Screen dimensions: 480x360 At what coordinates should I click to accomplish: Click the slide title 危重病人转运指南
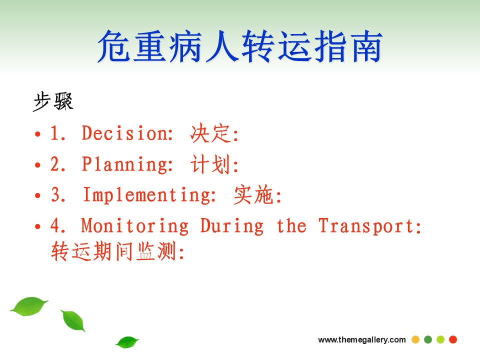click(240, 46)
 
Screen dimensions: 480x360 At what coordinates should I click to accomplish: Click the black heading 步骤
click(53, 101)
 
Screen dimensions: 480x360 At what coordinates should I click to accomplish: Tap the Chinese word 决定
click(210, 133)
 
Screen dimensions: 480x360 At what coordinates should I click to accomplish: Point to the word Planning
click(127, 164)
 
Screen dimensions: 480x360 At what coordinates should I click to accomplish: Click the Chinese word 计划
click(210, 164)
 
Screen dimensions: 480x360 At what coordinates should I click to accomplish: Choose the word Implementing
click(149, 195)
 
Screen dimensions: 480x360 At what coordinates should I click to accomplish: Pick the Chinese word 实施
click(253, 195)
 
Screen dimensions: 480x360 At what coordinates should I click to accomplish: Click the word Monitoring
click(135, 226)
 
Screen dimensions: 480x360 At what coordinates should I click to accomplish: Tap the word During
click(231, 226)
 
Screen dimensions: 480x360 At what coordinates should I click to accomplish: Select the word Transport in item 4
click(366, 226)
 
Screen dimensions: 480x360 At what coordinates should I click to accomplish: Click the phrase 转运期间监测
click(114, 251)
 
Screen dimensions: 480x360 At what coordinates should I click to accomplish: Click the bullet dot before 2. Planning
click(37, 165)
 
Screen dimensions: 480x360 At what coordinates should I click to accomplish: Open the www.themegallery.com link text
click(362, 340)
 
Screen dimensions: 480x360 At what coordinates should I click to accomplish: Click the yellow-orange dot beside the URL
click(415, 339)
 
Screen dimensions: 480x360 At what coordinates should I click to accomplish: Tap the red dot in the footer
click(453, 339)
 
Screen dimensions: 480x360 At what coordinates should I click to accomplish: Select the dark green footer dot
click(428, 339)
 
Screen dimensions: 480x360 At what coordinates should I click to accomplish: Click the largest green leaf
click(29, 306)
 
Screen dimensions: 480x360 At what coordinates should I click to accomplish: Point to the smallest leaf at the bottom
click(126, 342)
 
